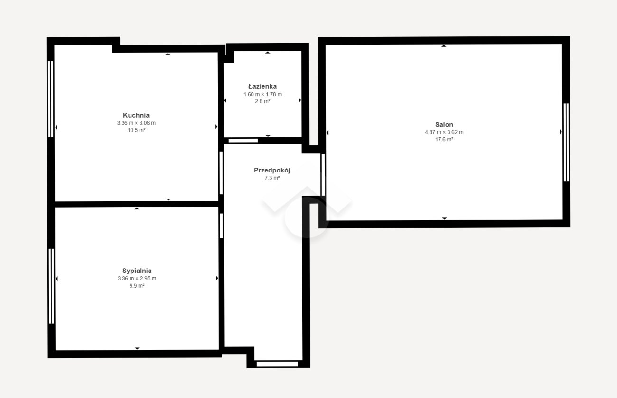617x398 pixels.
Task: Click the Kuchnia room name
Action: coord(136,115)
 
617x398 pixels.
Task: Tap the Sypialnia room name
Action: coord(137,271)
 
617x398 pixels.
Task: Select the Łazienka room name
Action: coord(262,86)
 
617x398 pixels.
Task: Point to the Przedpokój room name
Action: coord(272,170)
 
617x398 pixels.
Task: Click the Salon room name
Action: coord(444,124)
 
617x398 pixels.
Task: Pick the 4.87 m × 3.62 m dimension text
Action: coord(444,132)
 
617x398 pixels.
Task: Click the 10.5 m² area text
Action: coord(136,130)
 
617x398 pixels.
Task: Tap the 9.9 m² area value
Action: coord(137,286)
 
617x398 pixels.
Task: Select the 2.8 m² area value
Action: coord(262,101)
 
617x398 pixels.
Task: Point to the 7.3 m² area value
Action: coord(272,178)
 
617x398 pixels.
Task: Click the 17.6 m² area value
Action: coord(444,139)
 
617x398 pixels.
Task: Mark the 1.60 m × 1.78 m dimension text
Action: coord(262,94)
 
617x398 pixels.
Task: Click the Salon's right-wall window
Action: coord(566,143)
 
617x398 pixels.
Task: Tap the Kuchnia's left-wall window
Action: coord(50,99)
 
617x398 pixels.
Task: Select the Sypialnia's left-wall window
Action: coord(51,286)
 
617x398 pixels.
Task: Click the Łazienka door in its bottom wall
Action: coord(243,141)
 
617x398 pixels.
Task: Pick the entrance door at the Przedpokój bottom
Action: coord(277,364)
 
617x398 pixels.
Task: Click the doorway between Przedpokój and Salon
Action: coord(323,175)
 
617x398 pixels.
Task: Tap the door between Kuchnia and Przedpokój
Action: coord(221,173)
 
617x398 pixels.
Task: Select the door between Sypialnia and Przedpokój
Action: coord(221,226)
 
